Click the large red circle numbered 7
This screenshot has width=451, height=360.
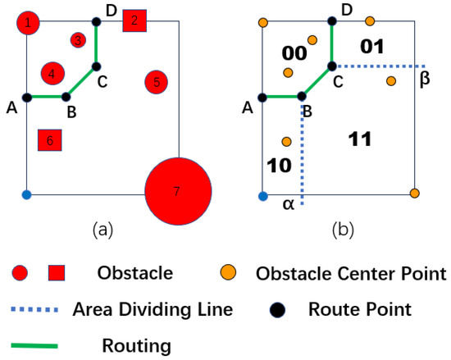click(178, 192)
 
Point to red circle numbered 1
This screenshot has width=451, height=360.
click(30, 23)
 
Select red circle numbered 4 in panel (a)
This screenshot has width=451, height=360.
click(52, 75)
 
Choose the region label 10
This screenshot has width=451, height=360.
click(280, 165)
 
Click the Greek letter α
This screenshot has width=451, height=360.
click(288, 204)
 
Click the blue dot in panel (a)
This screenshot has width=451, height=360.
click(26, 195)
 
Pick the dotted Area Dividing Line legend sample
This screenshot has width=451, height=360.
click(37, 310)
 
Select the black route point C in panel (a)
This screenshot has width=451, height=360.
click(96, 66)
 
